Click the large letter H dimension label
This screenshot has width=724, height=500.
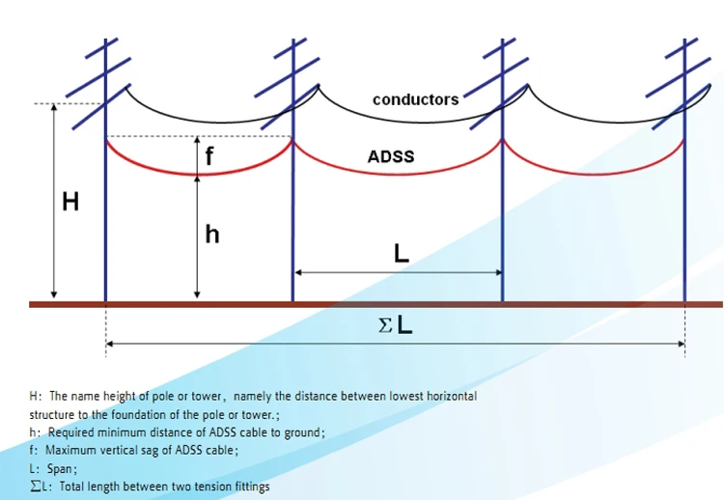(x=70, y=203)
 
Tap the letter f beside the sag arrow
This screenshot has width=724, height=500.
(x=209, y=154)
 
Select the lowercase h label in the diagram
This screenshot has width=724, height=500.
(x=212, y=235)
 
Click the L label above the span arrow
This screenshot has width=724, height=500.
(x=402, y=254)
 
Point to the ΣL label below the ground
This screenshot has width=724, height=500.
(x=396, y=326)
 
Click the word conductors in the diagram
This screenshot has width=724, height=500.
(x=415, y=99)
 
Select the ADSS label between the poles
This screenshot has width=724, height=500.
(x=391, y=155)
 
